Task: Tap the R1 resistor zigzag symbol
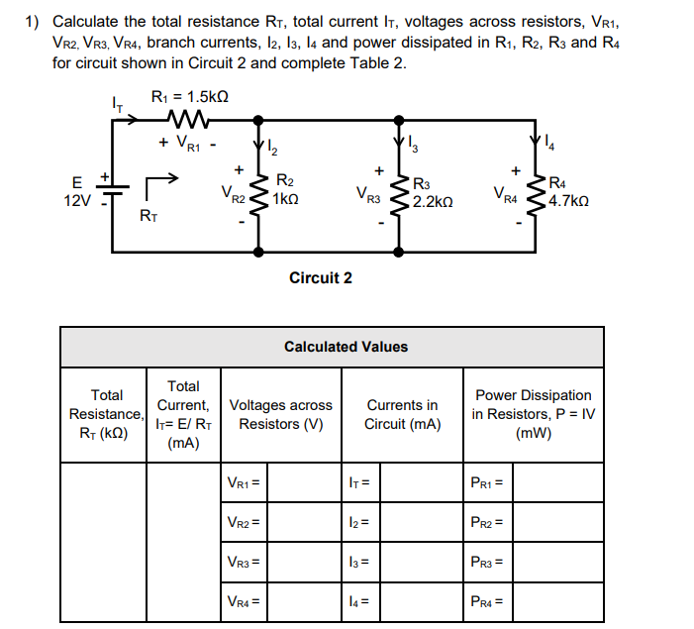click(x=188, y=120)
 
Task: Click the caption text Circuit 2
click(x=320, y=277)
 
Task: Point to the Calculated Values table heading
click(x=346, y=347)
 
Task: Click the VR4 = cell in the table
click(x=244, y=600)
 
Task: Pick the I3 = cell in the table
click(x=359, y=562)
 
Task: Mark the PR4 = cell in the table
click(x=487, y=600)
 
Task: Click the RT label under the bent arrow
click(x=148, y=213)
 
